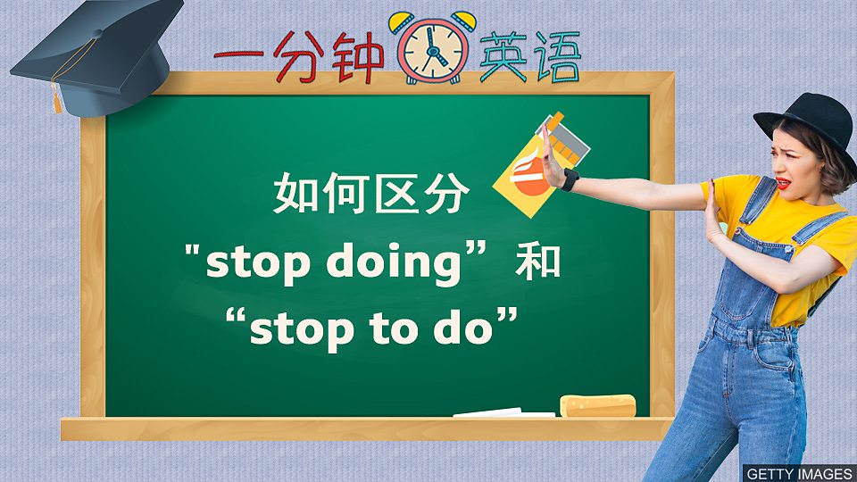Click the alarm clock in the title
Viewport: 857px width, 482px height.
[432, 48]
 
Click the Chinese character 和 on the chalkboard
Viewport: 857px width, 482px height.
[538, 262]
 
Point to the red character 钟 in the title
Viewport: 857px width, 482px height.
[359, 57]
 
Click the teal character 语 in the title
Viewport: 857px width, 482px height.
[558, 56]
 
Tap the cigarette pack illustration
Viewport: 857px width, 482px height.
[541, 165]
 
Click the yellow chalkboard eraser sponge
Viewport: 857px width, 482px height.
[597, 405]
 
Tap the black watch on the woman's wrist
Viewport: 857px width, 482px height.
[570, 179]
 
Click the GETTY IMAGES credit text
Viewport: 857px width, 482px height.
[799, 473]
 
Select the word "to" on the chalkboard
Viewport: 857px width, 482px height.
[390, 328]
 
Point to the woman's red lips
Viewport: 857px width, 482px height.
[783, 182]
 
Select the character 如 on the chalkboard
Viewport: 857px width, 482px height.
[295, 194]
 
